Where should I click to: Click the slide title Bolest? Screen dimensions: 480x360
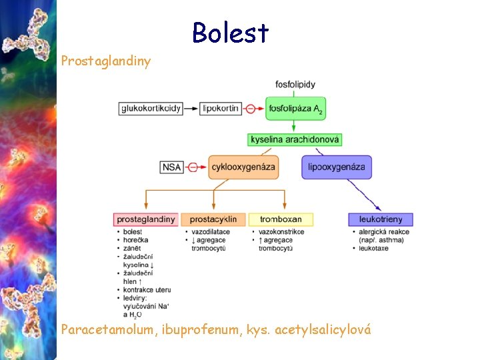point(230,33)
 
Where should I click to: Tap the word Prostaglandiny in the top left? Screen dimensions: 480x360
point(106,61)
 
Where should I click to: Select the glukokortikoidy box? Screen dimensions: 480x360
point(151,108)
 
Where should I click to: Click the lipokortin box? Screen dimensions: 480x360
point(221,108)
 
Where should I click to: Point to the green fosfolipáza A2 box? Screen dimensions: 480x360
point(295,109)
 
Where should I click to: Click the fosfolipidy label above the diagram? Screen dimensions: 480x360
point(295,85)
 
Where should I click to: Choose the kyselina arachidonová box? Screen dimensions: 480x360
point(295,139)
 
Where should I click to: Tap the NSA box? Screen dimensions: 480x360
point(171,167)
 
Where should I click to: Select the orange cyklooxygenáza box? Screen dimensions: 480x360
point(243,167)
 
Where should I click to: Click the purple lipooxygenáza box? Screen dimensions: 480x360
point(337,167)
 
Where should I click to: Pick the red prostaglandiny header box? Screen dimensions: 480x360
point(146,219)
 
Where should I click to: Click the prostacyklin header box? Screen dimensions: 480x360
point(213,219)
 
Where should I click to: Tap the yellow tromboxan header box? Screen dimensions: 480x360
point(281,219)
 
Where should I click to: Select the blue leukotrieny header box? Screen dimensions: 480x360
point(380,219)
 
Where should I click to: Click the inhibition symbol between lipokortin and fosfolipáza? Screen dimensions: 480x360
point(250,108)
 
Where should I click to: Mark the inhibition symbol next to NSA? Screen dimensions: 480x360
point(193,167)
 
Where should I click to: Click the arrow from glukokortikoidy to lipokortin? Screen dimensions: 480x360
point(191,108)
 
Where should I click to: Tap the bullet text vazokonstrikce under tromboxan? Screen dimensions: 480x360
point(281,232)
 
